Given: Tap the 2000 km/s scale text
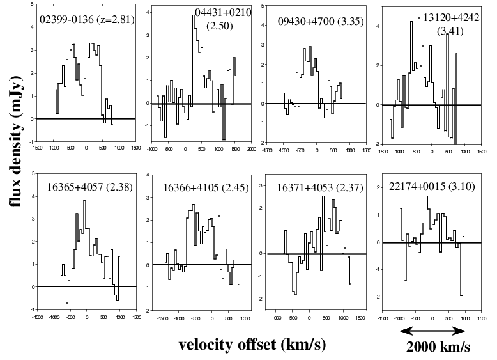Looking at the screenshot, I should pos(439,347).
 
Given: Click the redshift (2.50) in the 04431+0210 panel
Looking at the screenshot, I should pos(220,25).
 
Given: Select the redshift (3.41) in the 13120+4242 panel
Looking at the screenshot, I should pos(447,29).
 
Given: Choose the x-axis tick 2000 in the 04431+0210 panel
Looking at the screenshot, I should pos(251,148).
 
